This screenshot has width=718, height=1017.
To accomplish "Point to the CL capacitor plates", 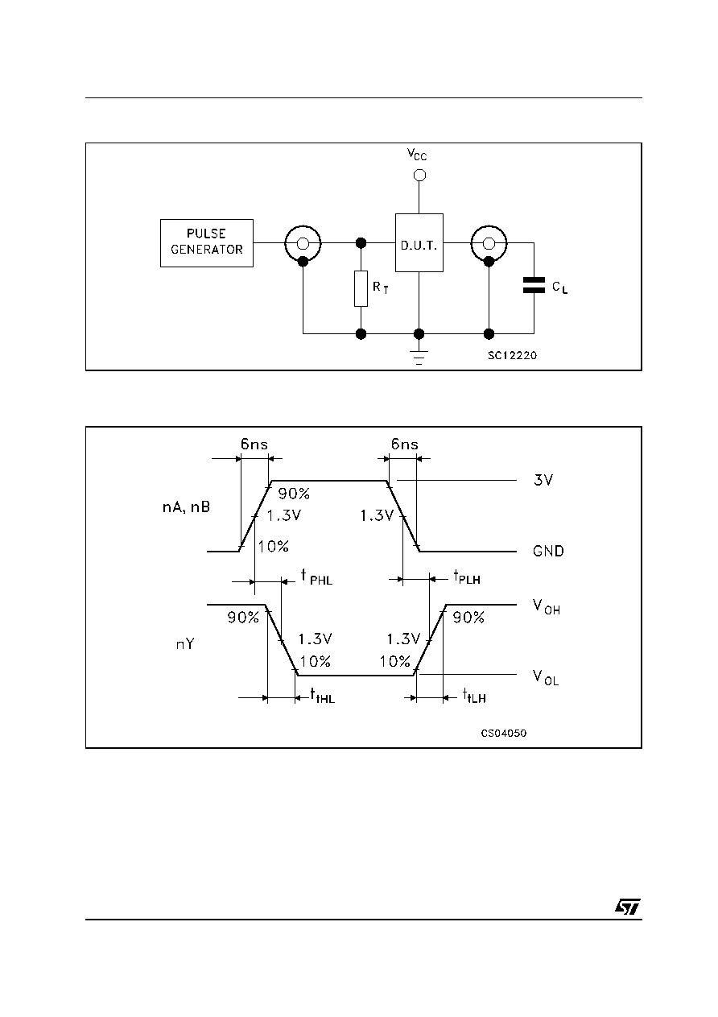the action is (534, 285).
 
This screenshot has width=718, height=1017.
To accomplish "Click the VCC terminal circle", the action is (419, 175).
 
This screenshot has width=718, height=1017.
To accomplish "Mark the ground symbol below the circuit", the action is (419, 358).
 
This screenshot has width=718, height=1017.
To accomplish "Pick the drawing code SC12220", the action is (512, 355).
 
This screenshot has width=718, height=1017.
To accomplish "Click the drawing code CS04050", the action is (504, 734).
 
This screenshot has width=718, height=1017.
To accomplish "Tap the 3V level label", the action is (543, 480).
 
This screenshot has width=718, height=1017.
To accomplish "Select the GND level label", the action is (548, 551).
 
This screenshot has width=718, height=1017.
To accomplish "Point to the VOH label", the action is (547, 606).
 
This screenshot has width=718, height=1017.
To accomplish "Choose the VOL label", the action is (546, 677).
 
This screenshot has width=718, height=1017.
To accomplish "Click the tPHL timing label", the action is (317, 577).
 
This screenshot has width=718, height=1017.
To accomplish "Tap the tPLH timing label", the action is (467, 577).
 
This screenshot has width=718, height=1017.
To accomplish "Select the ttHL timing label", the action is (322, 696).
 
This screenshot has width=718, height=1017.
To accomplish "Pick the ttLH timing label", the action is (474, 696).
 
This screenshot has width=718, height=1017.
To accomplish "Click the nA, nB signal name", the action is (186, 507).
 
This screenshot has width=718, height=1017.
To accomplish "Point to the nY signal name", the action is (185, 644).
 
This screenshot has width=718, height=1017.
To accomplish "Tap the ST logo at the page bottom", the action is (628, 907).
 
